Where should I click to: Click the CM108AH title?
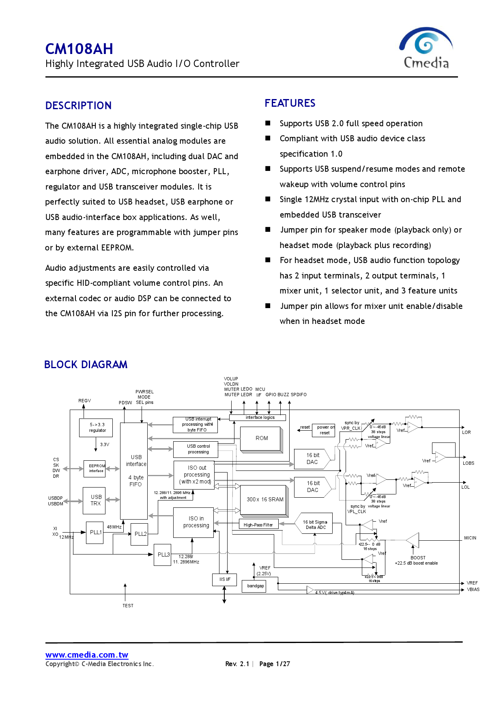(x=79, y=49)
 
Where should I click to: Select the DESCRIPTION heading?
(x=78, y=106)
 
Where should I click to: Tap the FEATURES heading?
(x=290, y=103)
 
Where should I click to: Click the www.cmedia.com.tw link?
(x=87, y=654)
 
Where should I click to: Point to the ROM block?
(x=261, y=438)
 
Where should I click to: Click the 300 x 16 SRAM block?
(x=264, y=500)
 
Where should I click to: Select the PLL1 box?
(x=95, y=532)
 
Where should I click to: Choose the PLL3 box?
(x=163, y=554)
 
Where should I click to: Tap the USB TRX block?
(x=95, y=500)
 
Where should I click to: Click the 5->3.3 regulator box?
(x=97, y=428)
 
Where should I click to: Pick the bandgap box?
(x=255, y=586)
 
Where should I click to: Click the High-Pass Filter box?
(x=258, y=524)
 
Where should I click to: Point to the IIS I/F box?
(x=225, y=579)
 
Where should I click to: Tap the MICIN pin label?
(x=470, y=538)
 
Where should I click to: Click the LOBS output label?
(x=468, y=463)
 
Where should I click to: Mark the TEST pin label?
(x=128, y=606)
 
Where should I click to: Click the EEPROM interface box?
(x=96, y=468)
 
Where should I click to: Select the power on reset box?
(x=325, y=430)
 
